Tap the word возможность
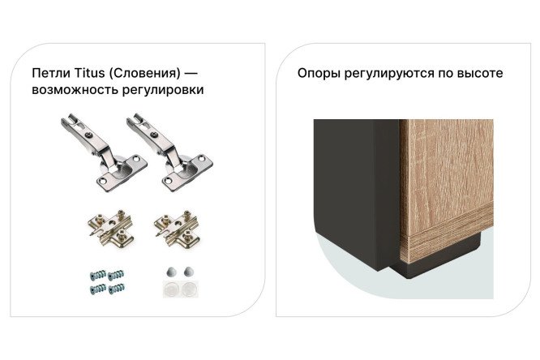[x=71, y=90]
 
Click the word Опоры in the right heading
[x=319, y=73]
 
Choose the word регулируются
[x=388, y=73]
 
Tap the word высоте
[x=481, y=73]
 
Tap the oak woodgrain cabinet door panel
[x=447, y=178]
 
